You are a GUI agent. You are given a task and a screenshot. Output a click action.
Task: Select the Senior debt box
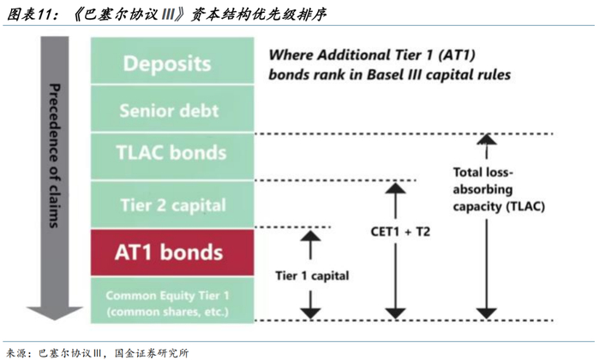169,111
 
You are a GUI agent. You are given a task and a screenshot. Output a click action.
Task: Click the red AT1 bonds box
169,253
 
